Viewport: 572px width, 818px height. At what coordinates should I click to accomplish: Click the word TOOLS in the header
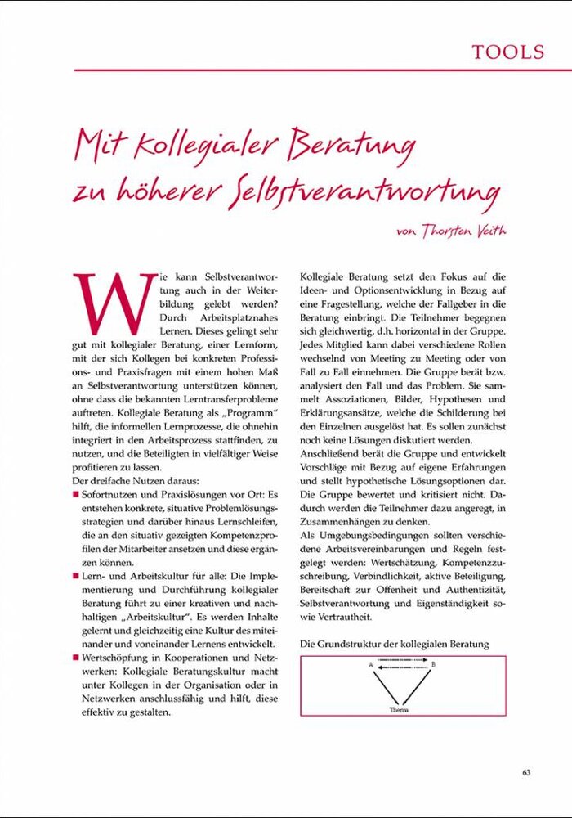point(507,52)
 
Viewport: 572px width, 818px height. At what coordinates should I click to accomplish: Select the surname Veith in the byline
point(487,231)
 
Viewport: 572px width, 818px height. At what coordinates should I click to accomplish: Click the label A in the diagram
point(371,665)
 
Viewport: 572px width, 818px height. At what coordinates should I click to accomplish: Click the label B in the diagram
point(433,665)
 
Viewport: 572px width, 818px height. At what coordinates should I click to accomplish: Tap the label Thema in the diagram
point(400,709)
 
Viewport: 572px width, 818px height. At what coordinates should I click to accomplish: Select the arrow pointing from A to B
point(402,661)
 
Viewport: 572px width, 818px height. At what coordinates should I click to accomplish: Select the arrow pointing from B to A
point(402,667)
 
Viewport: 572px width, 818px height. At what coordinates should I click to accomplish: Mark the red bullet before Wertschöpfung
point(76,658)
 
